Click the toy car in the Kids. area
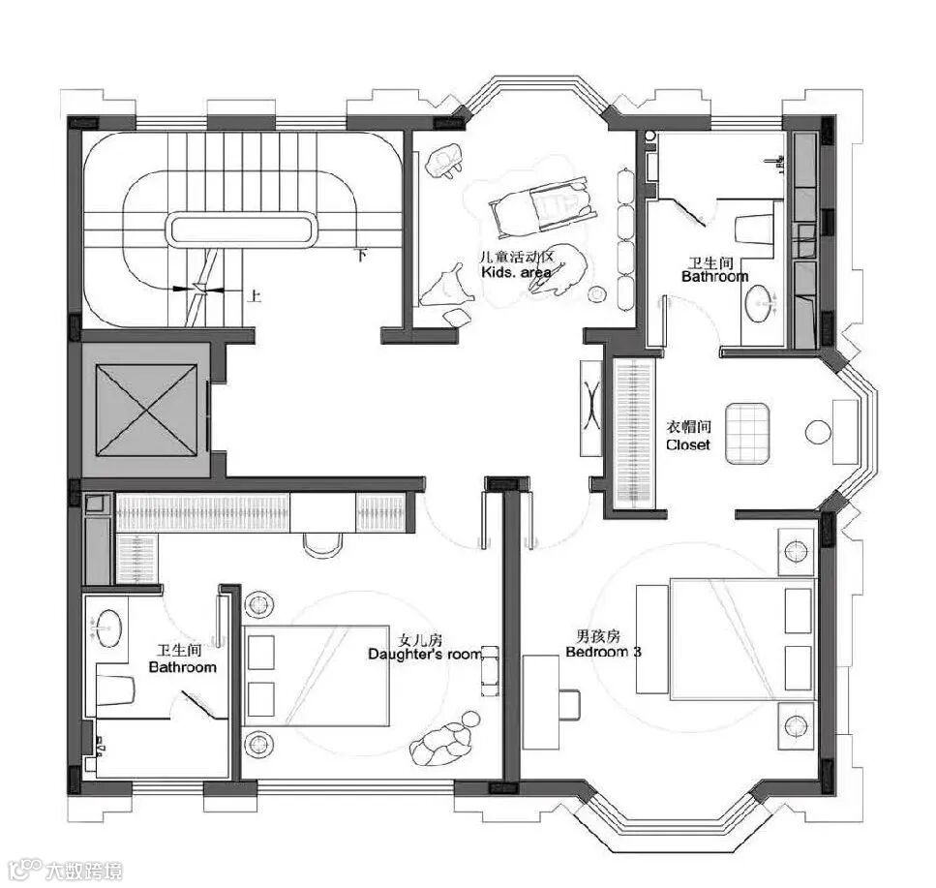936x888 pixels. pyautogui.click(x=538, y=205)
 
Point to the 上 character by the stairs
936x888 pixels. pyautogui.click(x=255, y=296)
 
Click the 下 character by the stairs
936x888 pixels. pyautogui.click(x=361, y=257)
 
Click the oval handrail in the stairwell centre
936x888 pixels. pyautogui.click(x=242, y=229)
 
